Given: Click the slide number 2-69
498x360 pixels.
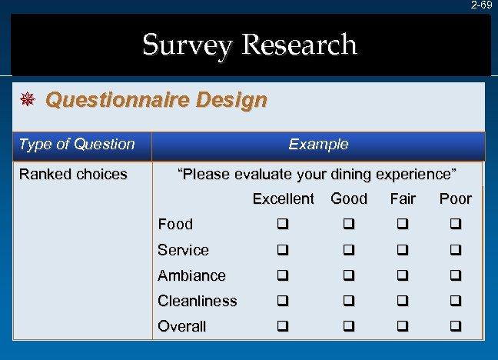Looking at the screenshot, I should coord(482,5).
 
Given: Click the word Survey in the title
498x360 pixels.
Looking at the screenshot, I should coord(188,45).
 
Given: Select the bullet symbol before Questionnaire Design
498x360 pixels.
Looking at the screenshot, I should coord(26,100).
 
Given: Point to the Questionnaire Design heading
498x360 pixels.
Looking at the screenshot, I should coord(156,100).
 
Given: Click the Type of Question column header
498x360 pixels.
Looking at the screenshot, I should coord(76,145).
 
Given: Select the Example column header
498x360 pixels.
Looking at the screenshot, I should coord(318,145).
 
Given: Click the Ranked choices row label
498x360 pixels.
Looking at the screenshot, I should coord(73,175).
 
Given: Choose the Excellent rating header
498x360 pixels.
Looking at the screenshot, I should coord(283,199).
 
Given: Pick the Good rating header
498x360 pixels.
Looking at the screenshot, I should coord(349,199).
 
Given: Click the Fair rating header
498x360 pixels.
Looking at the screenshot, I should coord(403,199).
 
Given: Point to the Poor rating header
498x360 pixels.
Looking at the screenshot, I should coord(455,199).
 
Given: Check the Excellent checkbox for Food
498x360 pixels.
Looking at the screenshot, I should coord(283,225).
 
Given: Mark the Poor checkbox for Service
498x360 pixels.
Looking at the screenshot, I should coord(455,251).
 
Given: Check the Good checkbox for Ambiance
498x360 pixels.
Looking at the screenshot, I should coord(349,276).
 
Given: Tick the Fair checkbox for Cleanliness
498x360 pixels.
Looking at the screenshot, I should coord(403,302).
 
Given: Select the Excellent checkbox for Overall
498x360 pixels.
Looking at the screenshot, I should coord(283,327).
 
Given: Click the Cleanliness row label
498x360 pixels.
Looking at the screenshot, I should coord(197,301).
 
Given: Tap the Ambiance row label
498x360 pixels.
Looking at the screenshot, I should coord(191,275).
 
